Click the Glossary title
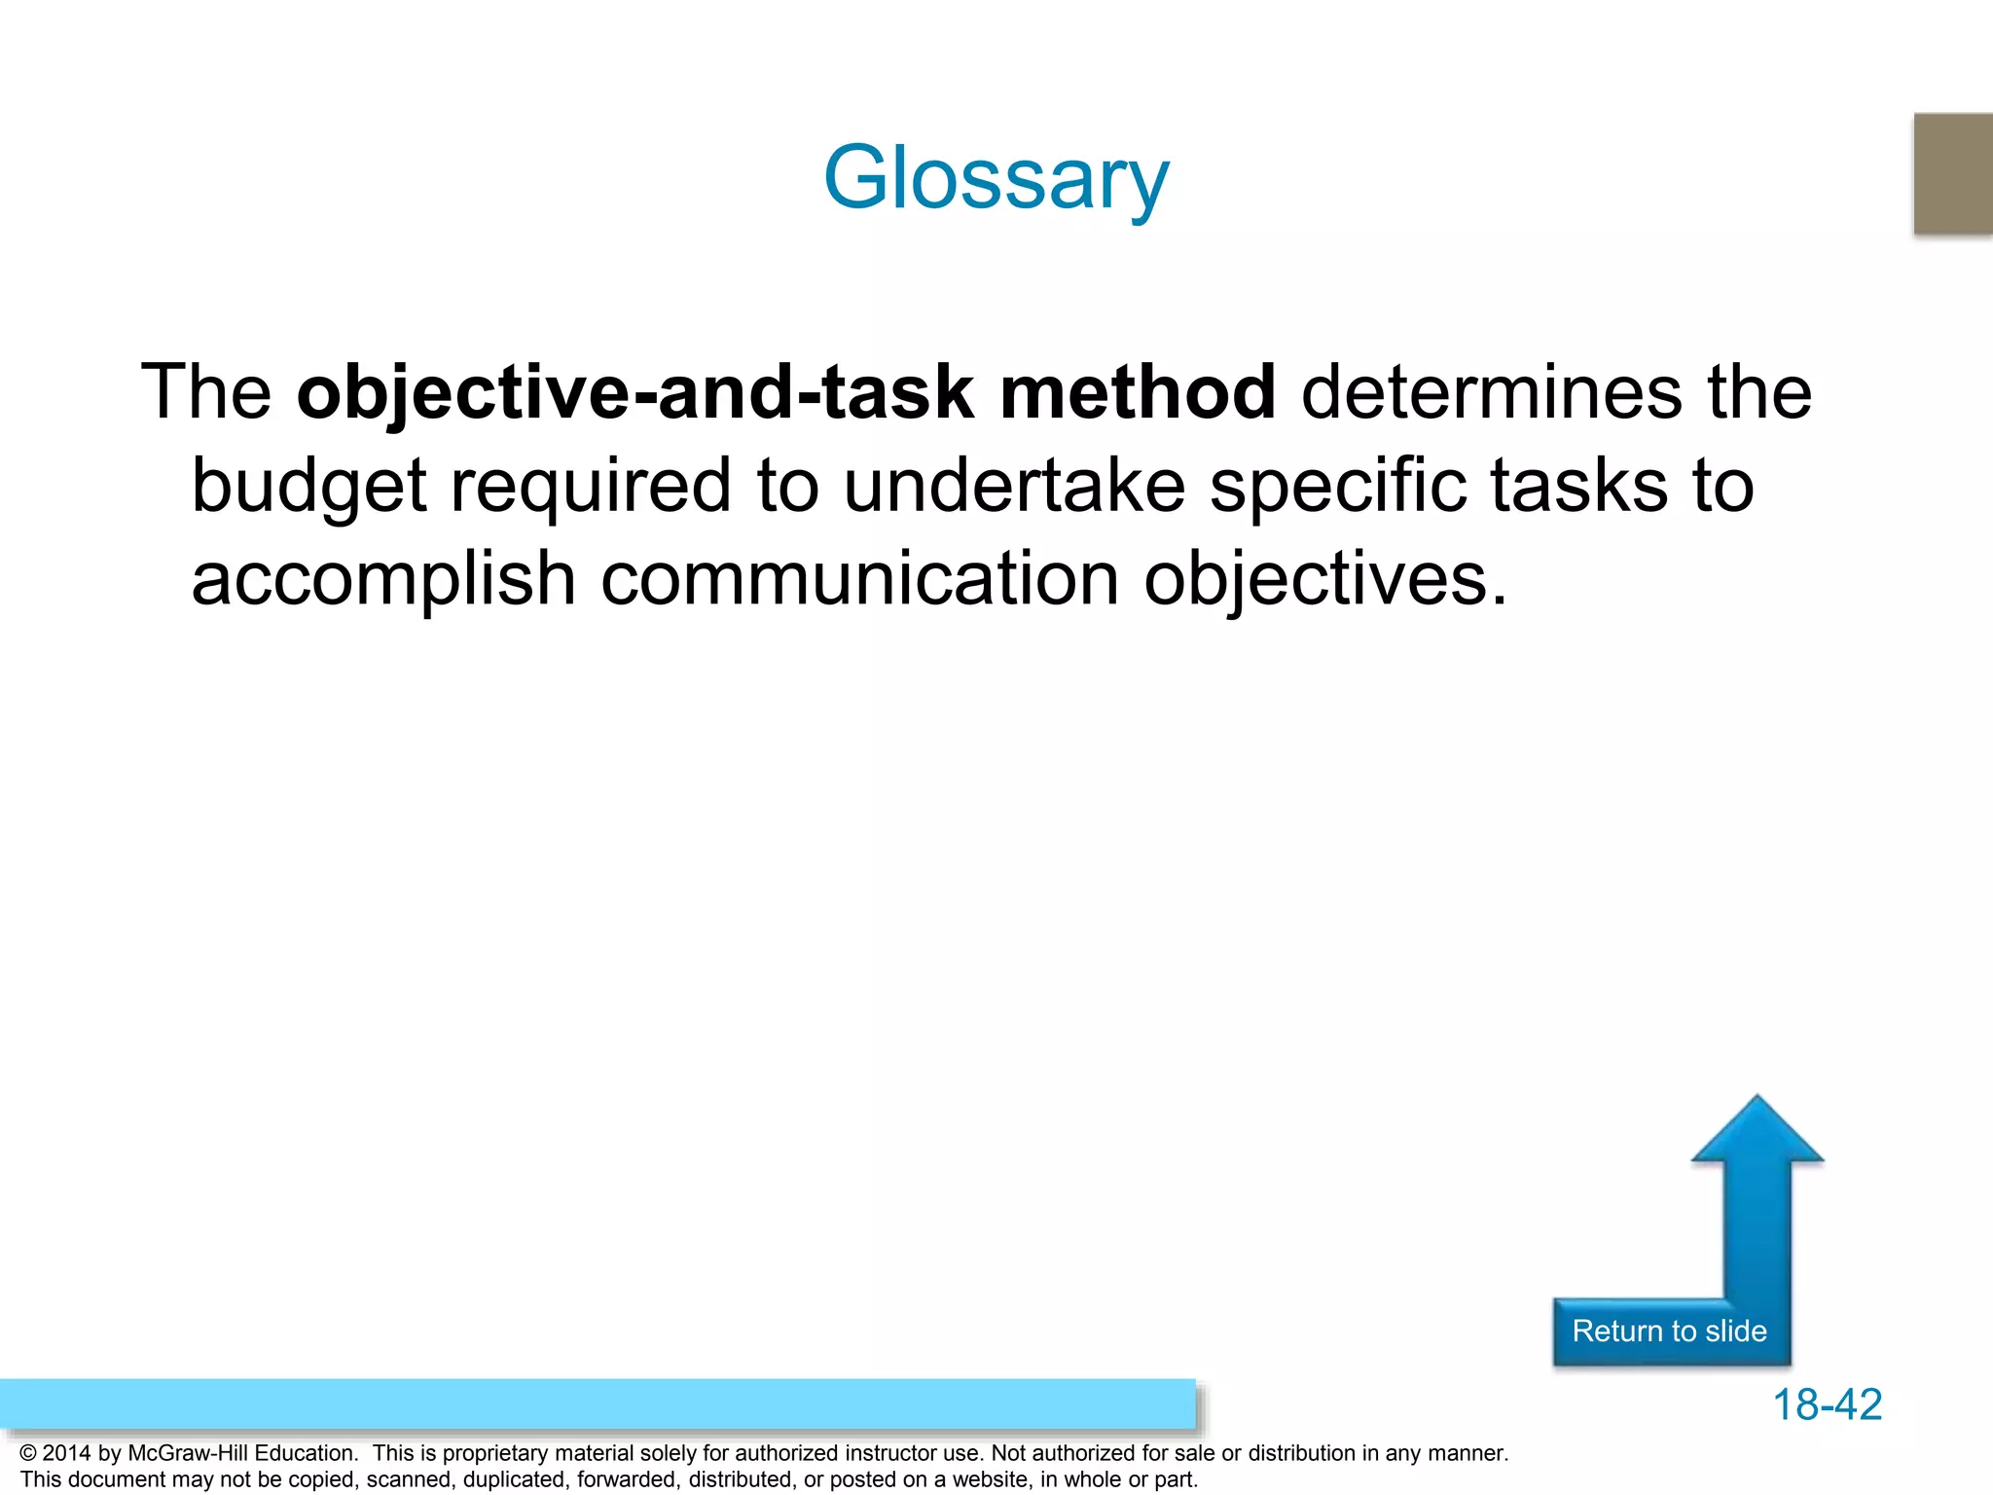[996, 178]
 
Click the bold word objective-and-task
[635, 392]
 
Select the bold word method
[1138, 392]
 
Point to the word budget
[308, 486]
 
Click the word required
[590, 486]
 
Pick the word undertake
[1013, 486]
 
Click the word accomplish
[383, 579]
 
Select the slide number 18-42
[1827, 1404]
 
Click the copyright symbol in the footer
[28, 1453]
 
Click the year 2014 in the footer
[66, 1453]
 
